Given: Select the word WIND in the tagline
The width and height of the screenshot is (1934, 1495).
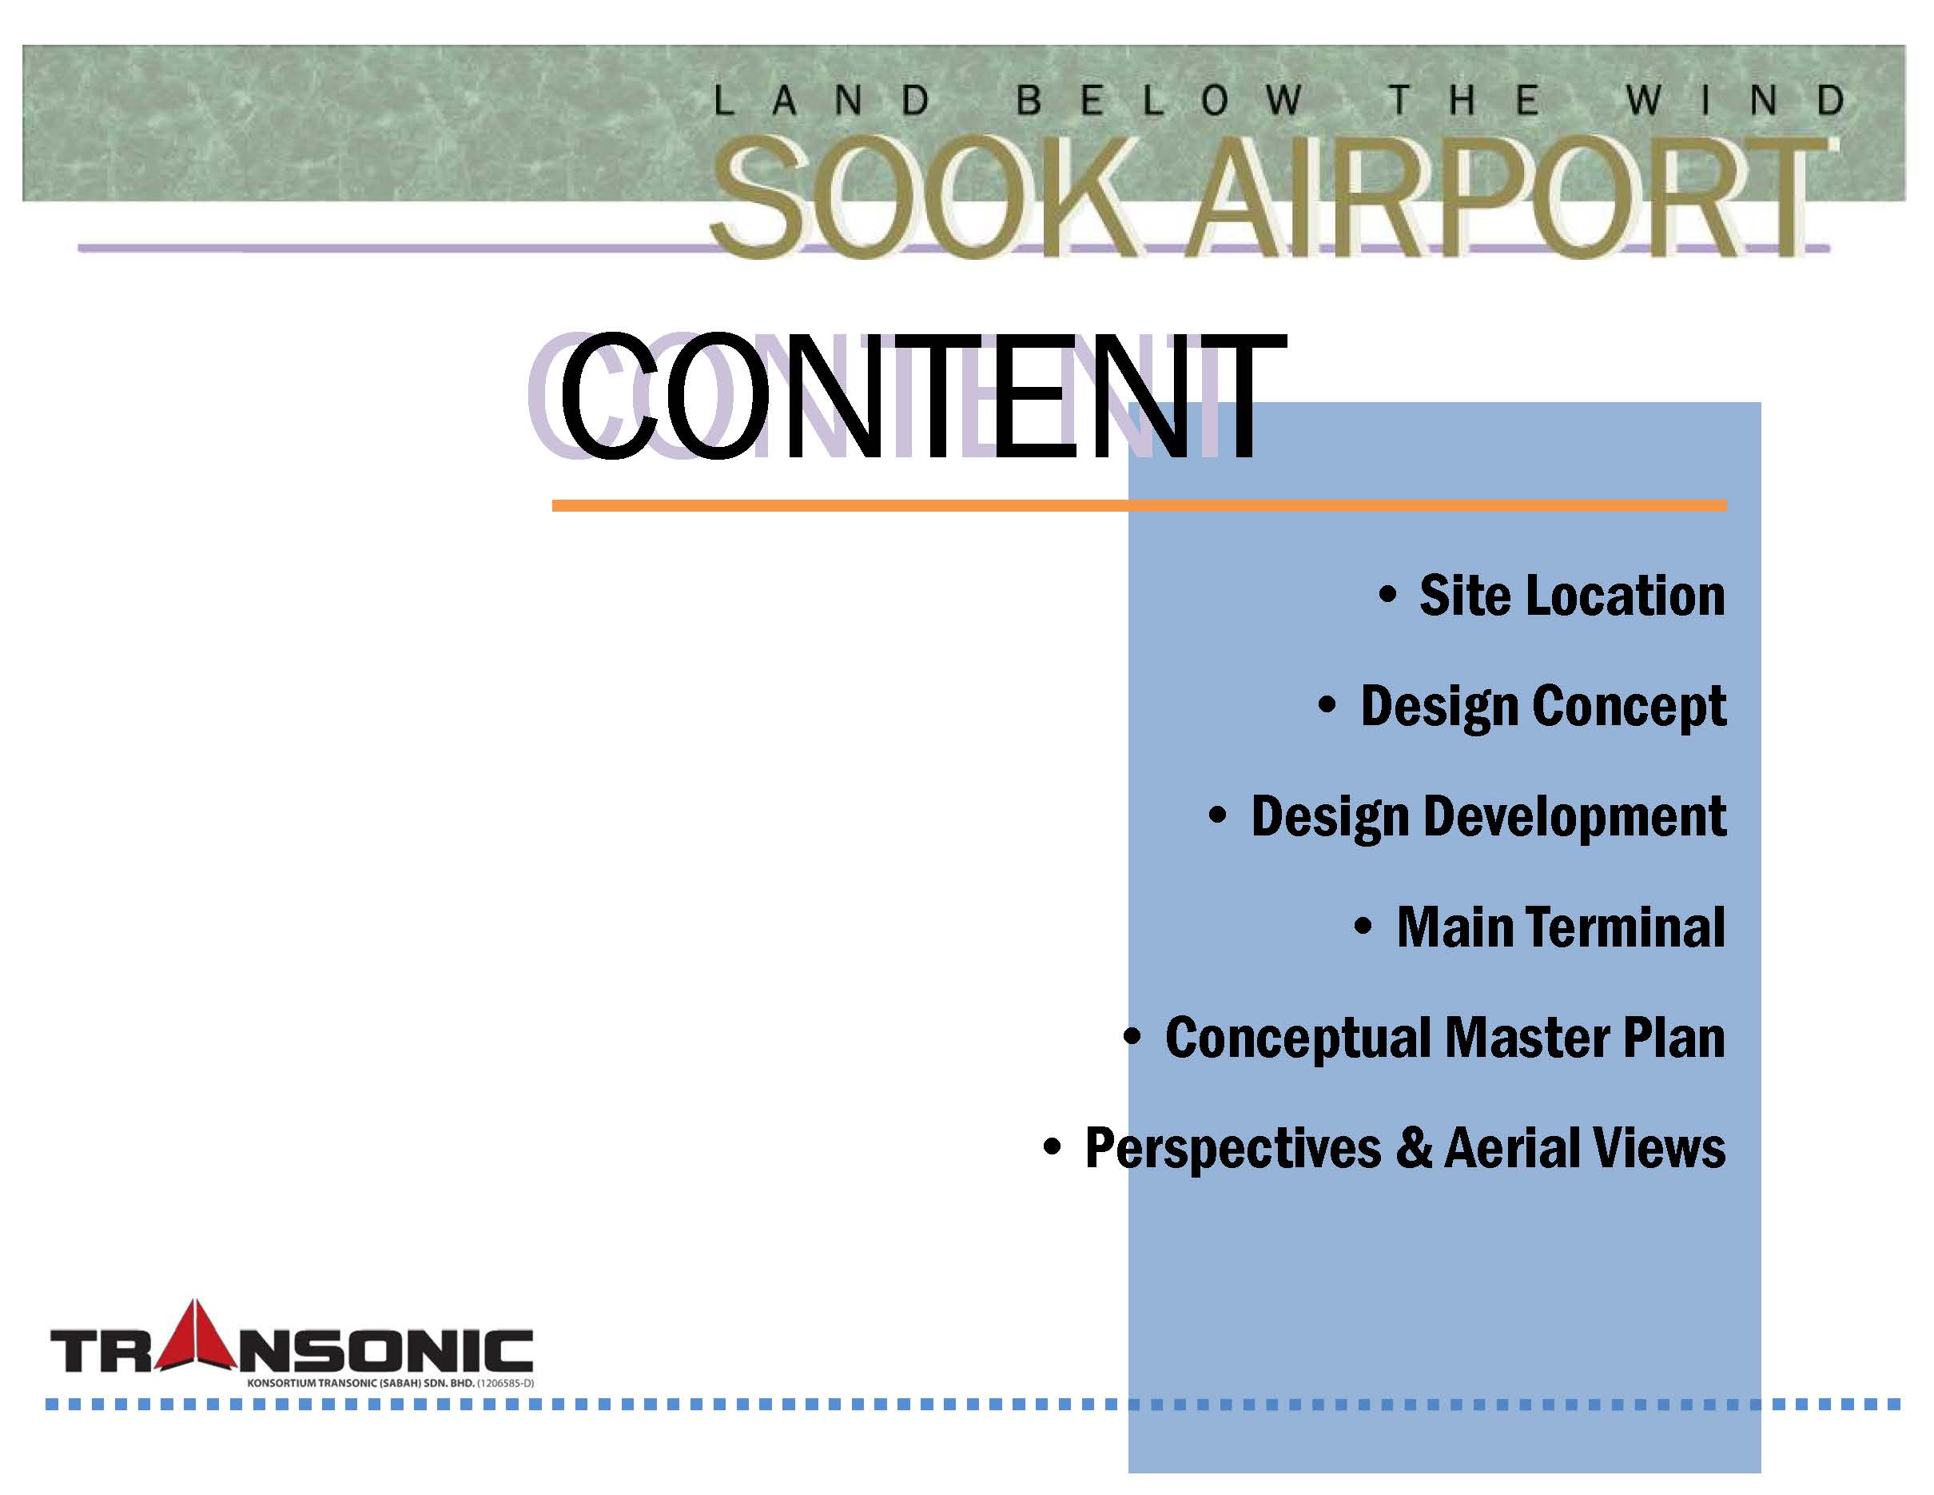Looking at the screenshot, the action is coord(1737,100).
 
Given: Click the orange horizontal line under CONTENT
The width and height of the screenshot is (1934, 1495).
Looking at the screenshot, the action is coord(1139,506).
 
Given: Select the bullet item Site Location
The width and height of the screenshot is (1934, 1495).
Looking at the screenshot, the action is coord(1572,595).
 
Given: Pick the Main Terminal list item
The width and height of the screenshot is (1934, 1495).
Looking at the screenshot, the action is coord(1560,927).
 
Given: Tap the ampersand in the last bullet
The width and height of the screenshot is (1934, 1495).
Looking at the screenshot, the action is coord(1412,1149).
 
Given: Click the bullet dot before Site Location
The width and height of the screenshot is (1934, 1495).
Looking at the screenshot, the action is coord(1387,594).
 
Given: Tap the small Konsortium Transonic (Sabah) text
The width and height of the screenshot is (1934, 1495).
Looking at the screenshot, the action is coord(391,1382).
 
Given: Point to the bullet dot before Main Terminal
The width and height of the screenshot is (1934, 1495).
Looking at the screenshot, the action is coord(1363,927).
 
